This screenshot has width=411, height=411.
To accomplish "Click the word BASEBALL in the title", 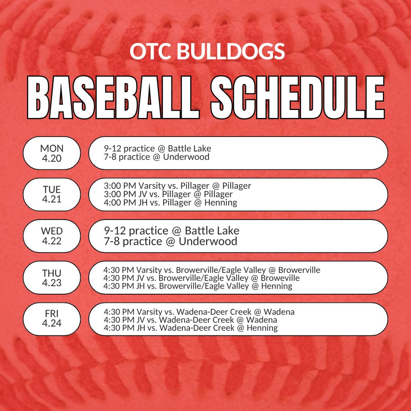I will point(113,98).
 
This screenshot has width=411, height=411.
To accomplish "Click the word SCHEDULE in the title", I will point(298,98).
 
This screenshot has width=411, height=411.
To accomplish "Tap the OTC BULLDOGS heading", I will point(207,52).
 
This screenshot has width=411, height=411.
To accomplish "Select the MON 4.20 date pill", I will point(52,153).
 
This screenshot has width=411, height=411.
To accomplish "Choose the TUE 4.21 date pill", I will point(52,194).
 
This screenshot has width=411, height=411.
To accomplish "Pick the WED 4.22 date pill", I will point(52,236).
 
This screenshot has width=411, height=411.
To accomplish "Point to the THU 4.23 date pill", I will point(52,278).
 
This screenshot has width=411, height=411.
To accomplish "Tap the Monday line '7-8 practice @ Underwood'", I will point(157,157).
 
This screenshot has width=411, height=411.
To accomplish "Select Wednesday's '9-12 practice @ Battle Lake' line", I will point(171,231).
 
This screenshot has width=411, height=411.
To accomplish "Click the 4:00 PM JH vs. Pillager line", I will point(170,203).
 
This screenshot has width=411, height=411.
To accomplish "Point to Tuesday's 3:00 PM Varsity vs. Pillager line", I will point(177,186).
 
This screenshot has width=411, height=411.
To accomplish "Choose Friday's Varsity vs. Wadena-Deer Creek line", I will point(199,312).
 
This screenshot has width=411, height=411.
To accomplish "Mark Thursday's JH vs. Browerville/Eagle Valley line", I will point(197,286).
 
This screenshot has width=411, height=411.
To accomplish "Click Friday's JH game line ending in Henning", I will point(190,328).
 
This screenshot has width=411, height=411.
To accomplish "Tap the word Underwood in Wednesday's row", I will point(208,241).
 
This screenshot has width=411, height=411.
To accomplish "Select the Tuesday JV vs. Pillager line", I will point(168,194).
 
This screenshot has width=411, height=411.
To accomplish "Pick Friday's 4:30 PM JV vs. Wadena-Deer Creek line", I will point(190,320).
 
